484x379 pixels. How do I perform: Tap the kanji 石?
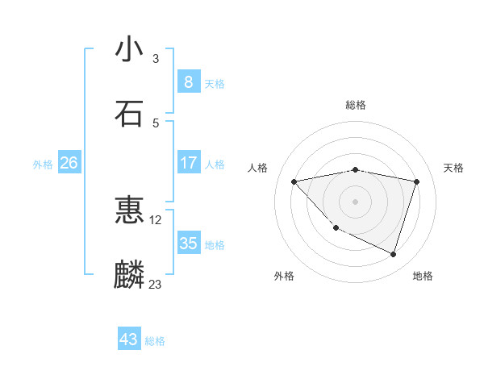click(x=129, y=113)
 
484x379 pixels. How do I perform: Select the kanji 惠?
click(x=129, y=210)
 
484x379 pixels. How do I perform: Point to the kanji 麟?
click(x=129, y=274)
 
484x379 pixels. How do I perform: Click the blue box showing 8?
click(x=188, y=81)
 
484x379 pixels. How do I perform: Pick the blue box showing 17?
click(x=188, y=163)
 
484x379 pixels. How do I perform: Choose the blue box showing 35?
click(x=188, y=244)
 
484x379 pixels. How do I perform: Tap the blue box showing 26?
click(x=69, y=163)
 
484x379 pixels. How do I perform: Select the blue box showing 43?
click(x=129, y=339)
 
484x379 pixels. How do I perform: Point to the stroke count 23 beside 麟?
click(x=155, y=284)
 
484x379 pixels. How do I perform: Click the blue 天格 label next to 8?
click(x=215, y=83)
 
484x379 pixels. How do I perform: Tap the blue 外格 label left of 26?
click(x=43, y=165)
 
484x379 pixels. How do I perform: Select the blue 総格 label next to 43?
click(x=155, y=341)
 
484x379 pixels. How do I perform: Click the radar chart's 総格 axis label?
click(x=356, y=105)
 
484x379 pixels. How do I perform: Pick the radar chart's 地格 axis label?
click(x=423, y=277)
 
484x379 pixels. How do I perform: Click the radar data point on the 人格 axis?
click(x=294, y=181)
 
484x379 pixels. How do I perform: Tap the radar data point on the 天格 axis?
click(x=416, y=181)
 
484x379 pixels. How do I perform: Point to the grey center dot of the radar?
click(x=355, y=201)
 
